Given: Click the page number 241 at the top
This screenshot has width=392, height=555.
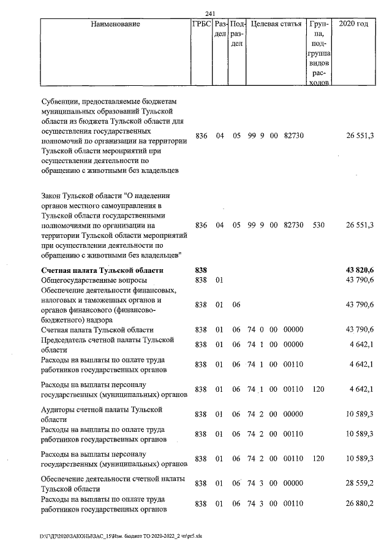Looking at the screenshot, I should pyautogui.click(x=213, y=13).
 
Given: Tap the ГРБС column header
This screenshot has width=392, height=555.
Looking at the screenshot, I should pyautogui.click(x=202, y=25).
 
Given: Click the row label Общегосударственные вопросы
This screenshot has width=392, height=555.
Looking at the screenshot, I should pyautogui.click(x=94, y=280).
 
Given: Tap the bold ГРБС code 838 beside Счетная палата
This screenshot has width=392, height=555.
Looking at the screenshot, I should pyautogui.click(x=202, y=270).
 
